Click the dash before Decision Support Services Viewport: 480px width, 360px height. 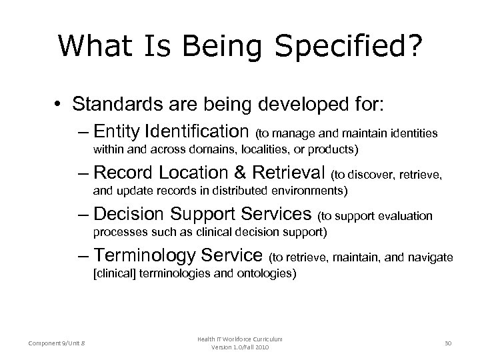pyautogui.click(x=83, y=215)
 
